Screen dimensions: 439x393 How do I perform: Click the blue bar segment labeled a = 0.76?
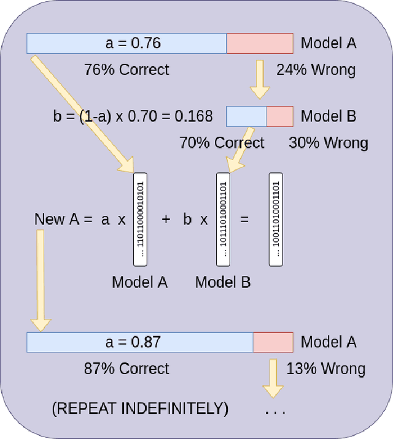126,44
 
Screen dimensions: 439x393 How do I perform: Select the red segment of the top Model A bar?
259,44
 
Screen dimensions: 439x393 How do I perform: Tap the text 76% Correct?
126,69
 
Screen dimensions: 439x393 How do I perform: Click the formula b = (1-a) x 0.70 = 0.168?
133,116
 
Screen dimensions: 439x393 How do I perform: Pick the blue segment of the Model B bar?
246,116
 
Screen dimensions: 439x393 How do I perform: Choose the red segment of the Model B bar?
279,116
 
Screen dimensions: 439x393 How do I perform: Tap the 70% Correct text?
222,143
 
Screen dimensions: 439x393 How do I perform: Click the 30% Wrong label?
329,143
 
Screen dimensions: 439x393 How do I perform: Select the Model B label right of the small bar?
329,116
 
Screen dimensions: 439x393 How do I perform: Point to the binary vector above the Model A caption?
141,219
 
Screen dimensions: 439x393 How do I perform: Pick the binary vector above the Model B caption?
223,219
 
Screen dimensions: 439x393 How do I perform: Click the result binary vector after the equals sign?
276,219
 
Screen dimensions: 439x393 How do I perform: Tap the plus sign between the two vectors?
165,219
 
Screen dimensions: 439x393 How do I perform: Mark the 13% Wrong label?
325,368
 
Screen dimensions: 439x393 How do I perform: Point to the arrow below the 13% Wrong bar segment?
272,378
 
